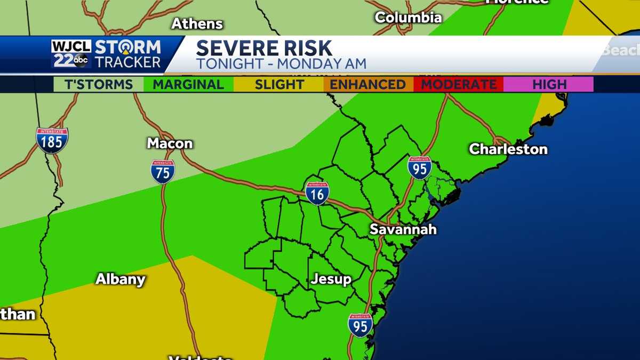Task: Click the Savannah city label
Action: [x=403, y=229]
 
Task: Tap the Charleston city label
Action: [x=508, y=149]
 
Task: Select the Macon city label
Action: [x=170, y=143]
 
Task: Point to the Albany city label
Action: [x=120, y=279]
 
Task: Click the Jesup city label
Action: [x=331, y=279]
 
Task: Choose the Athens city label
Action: [x=197, y=24]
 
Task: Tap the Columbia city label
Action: [x=408, y=18]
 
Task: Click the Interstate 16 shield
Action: [x=317, y=193]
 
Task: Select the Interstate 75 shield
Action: [x=163, y=172]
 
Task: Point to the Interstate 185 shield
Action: [x=52, y=140]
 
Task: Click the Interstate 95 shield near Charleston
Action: [x=419, y=167]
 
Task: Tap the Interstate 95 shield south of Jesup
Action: [x=360, y=325]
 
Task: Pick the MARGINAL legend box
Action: [x=188, y=84]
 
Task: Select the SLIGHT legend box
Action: [x=278, y=84]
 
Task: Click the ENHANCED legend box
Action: [x=368, y=84]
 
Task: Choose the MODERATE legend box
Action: [x=458, y=84]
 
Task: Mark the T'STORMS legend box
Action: [x=99, y=84]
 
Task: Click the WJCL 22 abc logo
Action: [x=71, y=54]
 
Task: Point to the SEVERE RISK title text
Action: [x=264, y=49]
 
